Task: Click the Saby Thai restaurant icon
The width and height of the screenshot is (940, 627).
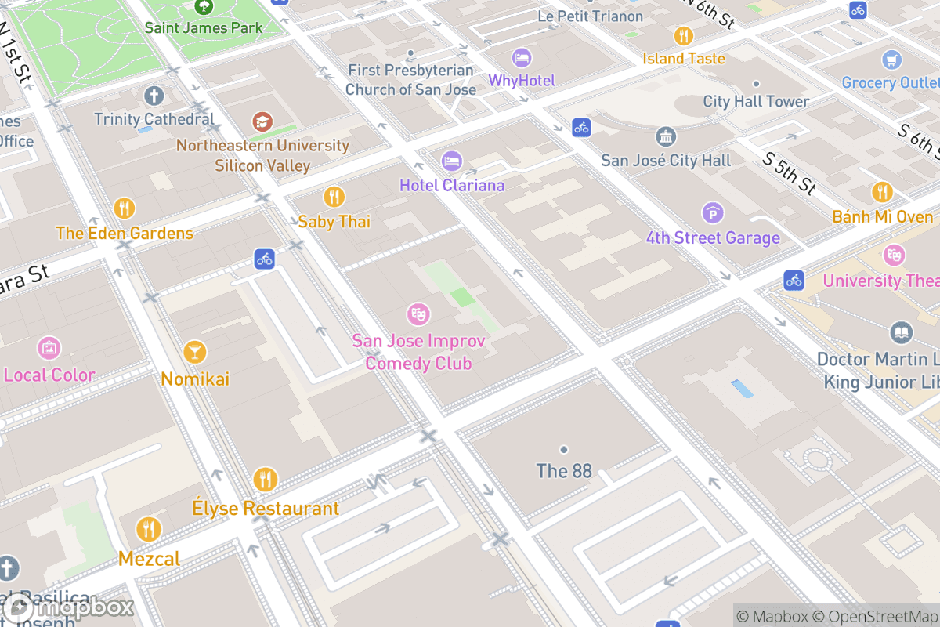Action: coord(334,197)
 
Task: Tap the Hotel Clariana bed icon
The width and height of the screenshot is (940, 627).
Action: coord(451,161)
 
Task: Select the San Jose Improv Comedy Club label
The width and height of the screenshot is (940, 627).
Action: coord(418,353)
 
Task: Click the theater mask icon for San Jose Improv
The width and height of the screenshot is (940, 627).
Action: coord(418,315)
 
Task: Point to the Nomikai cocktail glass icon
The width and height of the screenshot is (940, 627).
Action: coord(194,353)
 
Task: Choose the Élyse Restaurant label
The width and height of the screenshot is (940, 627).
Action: coord(266,509)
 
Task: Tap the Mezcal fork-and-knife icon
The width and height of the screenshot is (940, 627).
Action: coord(148,530)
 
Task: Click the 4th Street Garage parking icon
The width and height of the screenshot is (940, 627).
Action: coord(713,212)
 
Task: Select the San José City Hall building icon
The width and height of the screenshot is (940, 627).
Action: coord(666,137)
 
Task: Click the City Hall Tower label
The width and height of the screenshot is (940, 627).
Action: coord(756,101)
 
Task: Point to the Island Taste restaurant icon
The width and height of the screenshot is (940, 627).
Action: coord(684,36)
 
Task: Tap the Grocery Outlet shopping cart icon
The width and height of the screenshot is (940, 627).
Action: coord(891,60)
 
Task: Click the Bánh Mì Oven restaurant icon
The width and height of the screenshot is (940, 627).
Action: coord(882,192)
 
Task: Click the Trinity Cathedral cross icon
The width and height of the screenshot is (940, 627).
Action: coord(154,96)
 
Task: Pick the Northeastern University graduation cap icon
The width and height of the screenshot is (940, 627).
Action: coord(262,121)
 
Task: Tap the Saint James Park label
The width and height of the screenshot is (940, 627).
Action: coord(204,28)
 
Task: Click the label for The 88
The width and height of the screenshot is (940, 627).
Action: coord(563,471)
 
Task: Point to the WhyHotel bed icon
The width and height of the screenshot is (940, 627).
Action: coord(522,57)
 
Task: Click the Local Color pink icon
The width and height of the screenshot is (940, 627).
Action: coord(49,348)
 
